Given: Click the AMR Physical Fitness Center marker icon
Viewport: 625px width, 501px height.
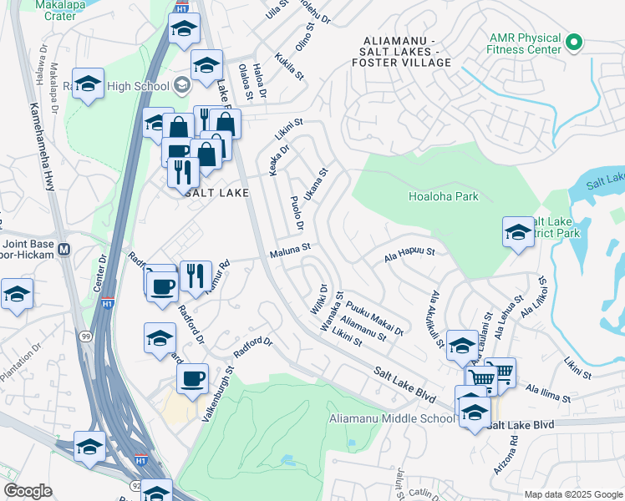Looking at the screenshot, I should pyautogui.click(x=573, y=42).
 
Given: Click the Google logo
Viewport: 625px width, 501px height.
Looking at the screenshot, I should pyautogui.click(x=28, y=491).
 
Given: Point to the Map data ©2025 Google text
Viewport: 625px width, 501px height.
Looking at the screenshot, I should pyautogui.click(x=572, y=494).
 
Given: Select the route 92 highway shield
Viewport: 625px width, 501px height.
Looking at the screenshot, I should pyautogui.click(x=135, y=484).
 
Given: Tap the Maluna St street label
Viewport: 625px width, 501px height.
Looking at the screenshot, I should pyautogui.click(x=289, y=248).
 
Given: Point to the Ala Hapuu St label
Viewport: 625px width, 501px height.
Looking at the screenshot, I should pyautogui.click(x=409, y=251).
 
